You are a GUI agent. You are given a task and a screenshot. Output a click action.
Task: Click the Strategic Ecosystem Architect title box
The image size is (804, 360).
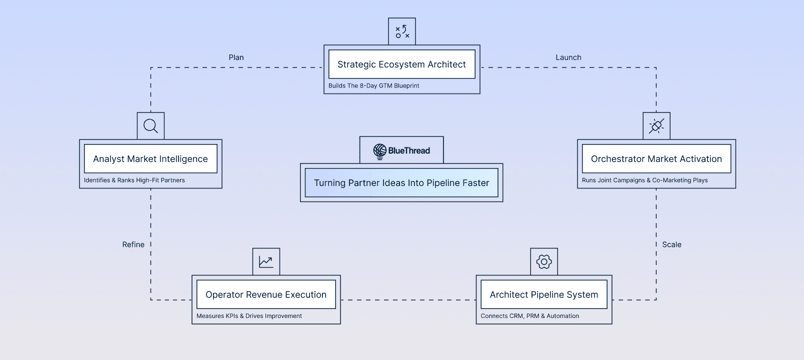click(401, 64)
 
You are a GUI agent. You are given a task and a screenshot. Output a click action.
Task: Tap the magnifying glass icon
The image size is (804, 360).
click(150, 126)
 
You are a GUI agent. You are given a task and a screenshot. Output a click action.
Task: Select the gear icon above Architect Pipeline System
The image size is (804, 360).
click(544, 261)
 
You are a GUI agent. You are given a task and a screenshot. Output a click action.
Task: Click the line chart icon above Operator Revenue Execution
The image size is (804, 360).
click(266, 261)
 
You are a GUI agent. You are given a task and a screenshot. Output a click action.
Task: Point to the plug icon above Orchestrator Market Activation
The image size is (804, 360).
click(656, 126)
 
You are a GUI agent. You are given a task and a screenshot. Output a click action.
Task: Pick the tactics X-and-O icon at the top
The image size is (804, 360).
click(402, 31)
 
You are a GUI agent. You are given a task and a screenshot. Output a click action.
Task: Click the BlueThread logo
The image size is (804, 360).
click(401, 150)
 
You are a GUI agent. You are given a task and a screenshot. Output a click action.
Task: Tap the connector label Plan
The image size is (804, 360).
click(236, 57)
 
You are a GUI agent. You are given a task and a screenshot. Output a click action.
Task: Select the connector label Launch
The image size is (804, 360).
click(568, 57)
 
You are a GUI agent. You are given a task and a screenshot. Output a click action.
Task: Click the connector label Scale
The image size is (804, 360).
click(671, 244)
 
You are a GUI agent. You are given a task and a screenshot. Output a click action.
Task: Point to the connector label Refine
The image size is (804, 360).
click(133, 244)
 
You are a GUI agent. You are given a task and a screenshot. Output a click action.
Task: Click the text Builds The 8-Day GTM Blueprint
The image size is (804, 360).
click(373, 86)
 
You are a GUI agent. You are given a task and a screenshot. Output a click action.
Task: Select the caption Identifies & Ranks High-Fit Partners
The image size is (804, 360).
click(134, 180)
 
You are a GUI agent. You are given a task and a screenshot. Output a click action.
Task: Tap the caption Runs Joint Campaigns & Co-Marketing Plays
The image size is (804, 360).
click(644, 180)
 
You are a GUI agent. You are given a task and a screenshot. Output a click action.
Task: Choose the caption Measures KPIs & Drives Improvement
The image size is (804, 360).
click(249, 316)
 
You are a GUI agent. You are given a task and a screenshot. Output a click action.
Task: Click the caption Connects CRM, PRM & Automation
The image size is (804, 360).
click(529, 316)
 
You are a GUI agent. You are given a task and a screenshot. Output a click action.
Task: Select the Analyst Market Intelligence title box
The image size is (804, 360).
click(150, 158)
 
